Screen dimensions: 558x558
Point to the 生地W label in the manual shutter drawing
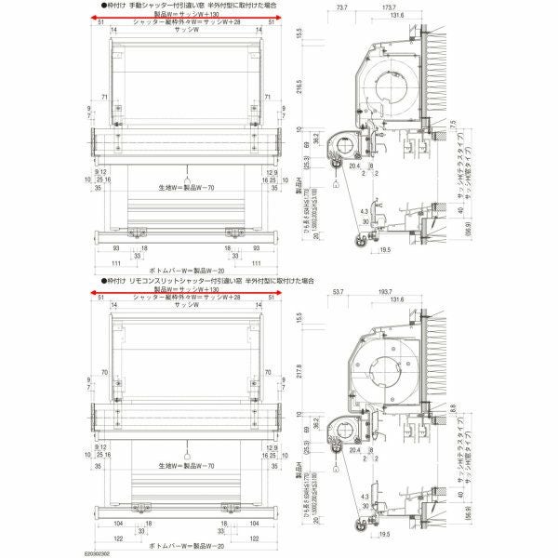[187, 187]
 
